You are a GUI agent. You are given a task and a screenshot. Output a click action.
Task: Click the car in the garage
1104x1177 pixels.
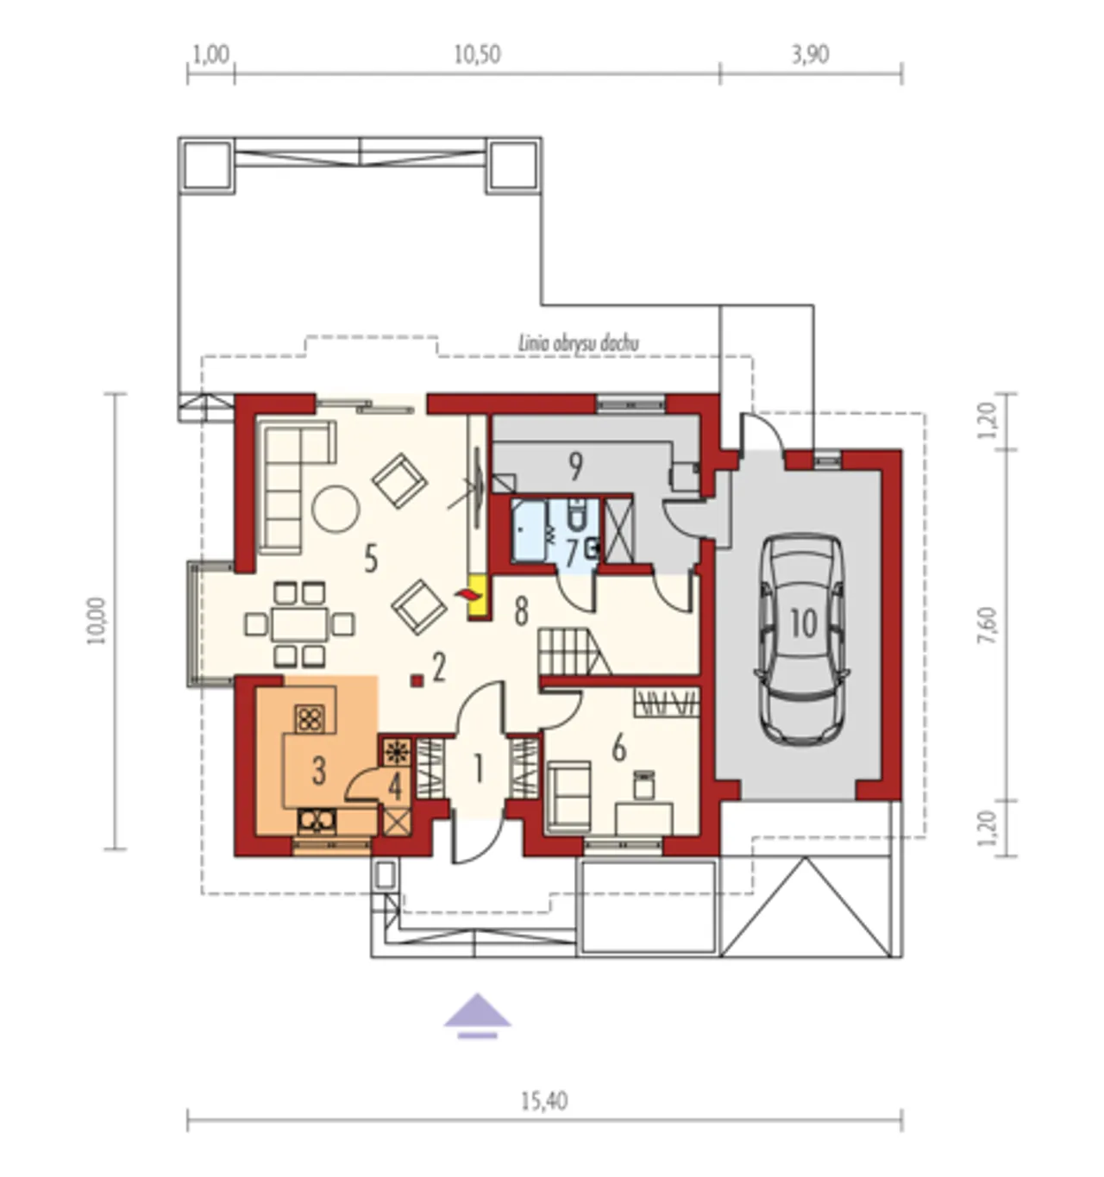[x=801, y=639]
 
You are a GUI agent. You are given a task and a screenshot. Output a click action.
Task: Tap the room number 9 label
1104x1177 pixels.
[x=574, y=466]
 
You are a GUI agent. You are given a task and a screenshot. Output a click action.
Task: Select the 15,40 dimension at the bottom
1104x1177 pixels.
[x=543, y=1101]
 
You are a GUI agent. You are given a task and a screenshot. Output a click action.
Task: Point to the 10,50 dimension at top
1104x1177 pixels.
[x=477, y=54]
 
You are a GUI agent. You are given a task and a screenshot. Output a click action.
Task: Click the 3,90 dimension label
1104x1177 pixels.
[x=811, y=54]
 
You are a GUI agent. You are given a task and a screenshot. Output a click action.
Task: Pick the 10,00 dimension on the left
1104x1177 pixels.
[x=97, y=621]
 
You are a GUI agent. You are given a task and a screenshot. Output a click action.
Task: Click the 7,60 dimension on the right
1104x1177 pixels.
[x=988, y=626]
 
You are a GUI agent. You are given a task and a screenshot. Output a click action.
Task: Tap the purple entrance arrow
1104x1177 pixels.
[x=477, y=1017]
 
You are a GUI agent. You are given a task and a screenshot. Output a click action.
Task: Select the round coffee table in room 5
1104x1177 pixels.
[x=336, y=509]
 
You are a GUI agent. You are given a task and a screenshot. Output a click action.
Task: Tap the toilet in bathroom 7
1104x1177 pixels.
[x=575, y=514]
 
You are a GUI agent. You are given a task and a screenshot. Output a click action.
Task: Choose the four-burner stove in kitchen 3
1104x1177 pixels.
[x=310, y=719]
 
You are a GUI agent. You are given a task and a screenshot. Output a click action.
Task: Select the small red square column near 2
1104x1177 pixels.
[x=417, y=681]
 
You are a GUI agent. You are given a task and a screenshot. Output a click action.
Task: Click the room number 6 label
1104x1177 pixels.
[x=618, y=749]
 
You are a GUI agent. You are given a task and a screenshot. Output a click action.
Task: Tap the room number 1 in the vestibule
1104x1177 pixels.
[x=478, y=768]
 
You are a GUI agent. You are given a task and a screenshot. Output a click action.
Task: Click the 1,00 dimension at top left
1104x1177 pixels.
[x=211, y=54]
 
